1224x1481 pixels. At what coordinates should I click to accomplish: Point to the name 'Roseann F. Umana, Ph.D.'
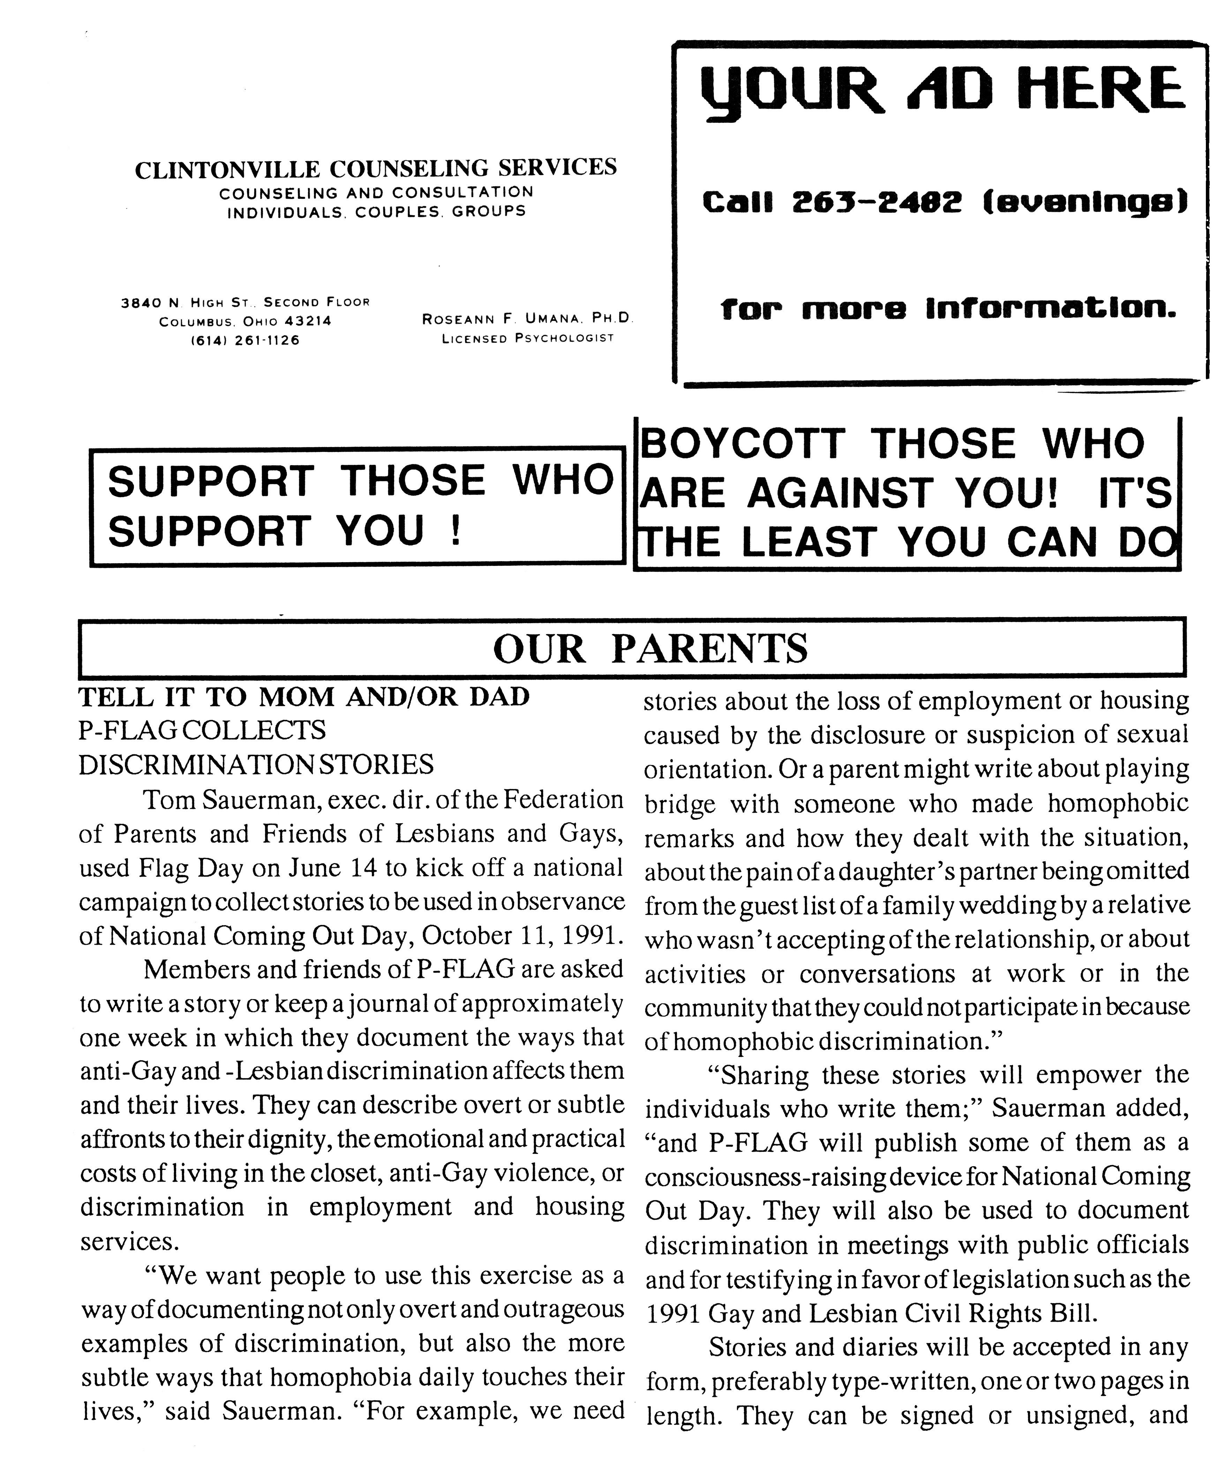[x=527, y=319]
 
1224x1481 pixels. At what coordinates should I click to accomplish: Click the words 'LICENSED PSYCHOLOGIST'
[x=527, y=338]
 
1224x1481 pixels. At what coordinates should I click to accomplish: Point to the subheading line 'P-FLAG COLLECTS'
[x=202, y=730]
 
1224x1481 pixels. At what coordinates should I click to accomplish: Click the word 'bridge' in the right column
[x=680, y=803]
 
